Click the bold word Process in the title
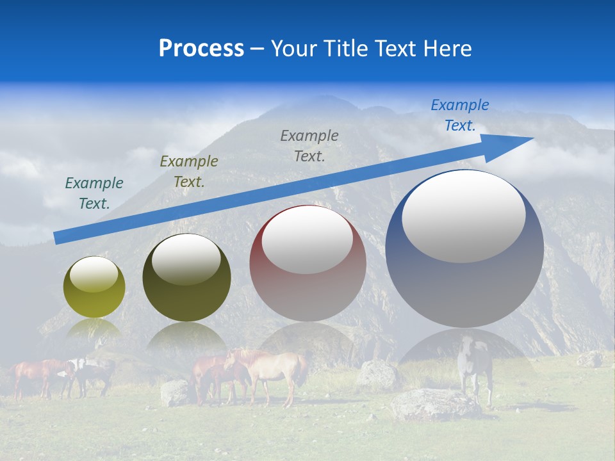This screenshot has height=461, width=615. (201, 49)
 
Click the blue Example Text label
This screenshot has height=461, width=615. (460, 115)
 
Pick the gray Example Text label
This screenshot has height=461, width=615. (309, 146)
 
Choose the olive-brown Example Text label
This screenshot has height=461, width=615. (189, 172)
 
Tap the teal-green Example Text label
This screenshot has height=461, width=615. (94, 193)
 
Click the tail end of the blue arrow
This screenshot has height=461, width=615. (56, 238)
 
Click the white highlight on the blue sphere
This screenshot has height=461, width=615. (463, 216)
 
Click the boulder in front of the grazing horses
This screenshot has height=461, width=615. (175, 392)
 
